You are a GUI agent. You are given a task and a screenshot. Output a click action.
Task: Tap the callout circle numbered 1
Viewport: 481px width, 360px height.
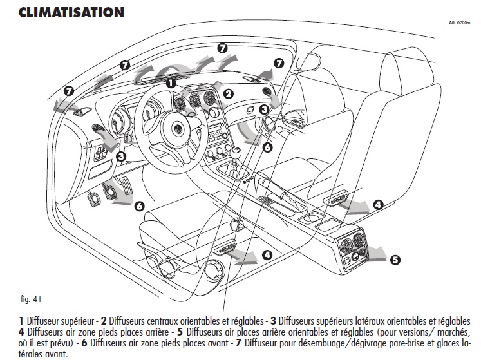pos(171,83)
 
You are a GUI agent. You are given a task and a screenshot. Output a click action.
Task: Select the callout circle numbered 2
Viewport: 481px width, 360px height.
pos(227,93)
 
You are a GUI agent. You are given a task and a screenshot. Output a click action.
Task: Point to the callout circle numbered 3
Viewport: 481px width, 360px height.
pos(120,156)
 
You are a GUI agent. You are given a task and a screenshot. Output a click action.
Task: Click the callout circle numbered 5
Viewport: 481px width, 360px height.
pos(395,260)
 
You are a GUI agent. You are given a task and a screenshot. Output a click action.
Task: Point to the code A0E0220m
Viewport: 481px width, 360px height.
pos(462,22)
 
